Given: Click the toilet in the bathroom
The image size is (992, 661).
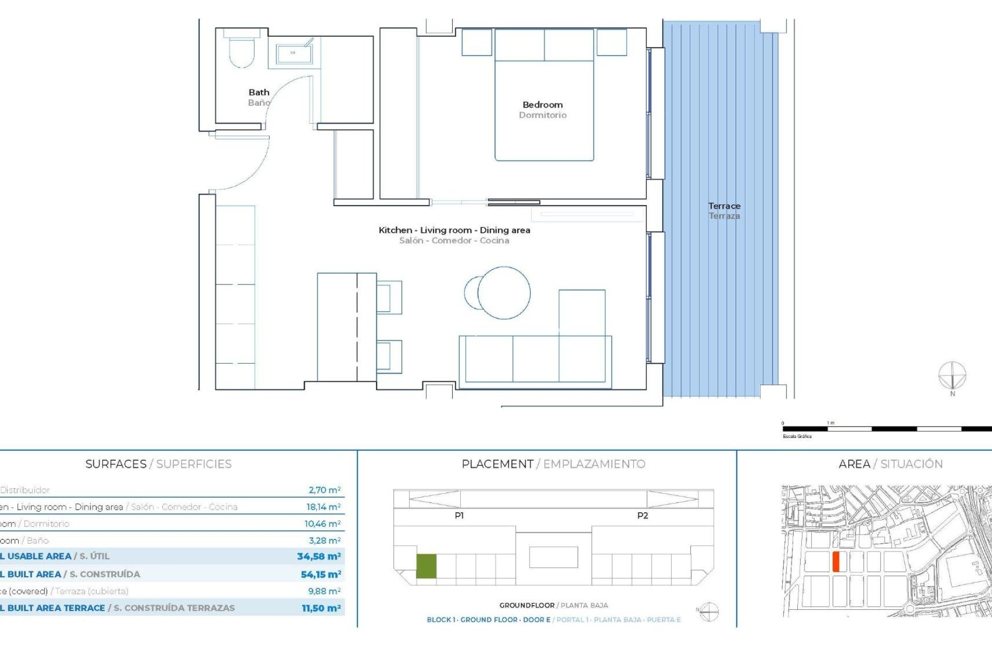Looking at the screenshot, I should click(242, 51).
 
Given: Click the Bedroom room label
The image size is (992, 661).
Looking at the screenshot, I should click(542, 105).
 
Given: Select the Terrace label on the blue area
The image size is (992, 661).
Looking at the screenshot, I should click(724, 206).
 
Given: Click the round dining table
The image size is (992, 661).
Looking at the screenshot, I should click(504, 293).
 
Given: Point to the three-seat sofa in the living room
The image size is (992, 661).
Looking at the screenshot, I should click(535, 359).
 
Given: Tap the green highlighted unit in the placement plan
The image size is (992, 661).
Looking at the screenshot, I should click(426, 566).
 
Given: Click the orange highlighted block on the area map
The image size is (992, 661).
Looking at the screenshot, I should click(836, 561).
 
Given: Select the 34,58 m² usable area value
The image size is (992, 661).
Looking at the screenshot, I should click(319, 556).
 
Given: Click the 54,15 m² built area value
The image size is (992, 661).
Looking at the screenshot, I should click(321, 574).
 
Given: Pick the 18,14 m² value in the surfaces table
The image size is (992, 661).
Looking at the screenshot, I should click(323, 507).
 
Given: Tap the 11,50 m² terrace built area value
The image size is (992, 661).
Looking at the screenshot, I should click(321, 608).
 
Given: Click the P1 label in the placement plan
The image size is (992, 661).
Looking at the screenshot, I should click(459, 515).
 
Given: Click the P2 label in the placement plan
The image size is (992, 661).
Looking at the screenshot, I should click(642, 515).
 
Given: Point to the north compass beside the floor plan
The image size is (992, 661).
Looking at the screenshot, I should click(952, 376).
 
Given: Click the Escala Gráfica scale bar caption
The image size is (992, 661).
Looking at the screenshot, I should click(797, 436).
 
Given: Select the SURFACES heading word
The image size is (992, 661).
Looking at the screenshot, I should click(116, 464).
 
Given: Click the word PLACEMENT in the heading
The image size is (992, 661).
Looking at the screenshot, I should click(497, 464).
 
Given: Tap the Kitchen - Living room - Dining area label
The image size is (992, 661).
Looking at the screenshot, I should click(454, 230).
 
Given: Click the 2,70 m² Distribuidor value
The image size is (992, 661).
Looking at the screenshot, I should click(324, 490).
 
